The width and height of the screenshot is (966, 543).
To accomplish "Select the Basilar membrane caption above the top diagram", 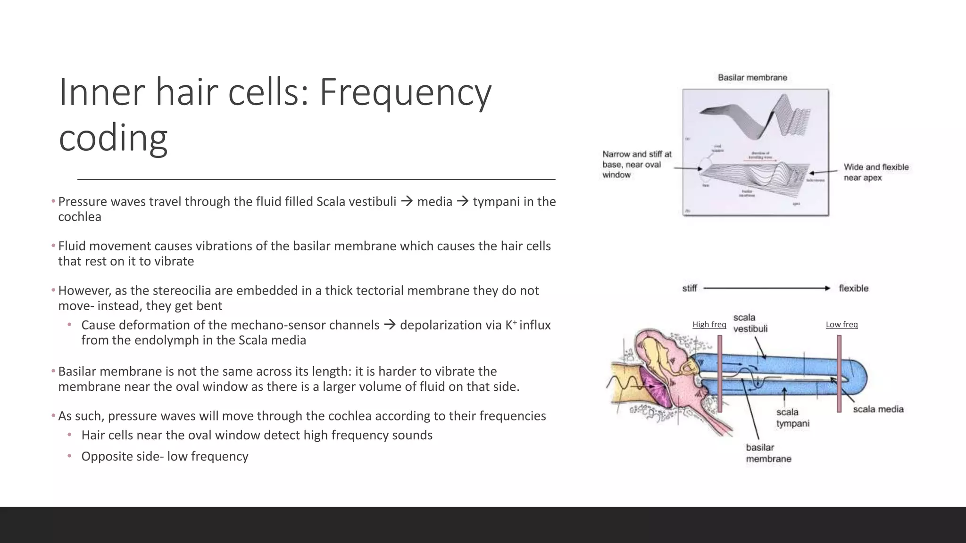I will (752, 78).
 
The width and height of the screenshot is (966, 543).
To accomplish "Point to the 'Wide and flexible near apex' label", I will (876, 172).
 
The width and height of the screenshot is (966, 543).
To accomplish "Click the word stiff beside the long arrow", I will (689, 288).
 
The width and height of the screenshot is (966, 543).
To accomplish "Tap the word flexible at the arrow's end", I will (853, 288).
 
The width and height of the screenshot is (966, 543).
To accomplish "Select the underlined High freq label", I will (709, 324).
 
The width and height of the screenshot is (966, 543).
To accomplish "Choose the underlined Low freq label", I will (841, 324).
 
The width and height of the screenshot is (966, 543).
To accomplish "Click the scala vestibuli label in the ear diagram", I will (750, 323).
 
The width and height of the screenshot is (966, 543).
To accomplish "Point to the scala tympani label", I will (792, 418).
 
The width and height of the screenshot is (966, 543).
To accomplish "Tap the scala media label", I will (878, 409).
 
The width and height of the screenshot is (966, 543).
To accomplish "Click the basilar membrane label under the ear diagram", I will (768, 453).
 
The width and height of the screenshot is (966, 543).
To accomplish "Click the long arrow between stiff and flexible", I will (766, 288).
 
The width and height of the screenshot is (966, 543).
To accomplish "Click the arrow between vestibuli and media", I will (407, 202).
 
